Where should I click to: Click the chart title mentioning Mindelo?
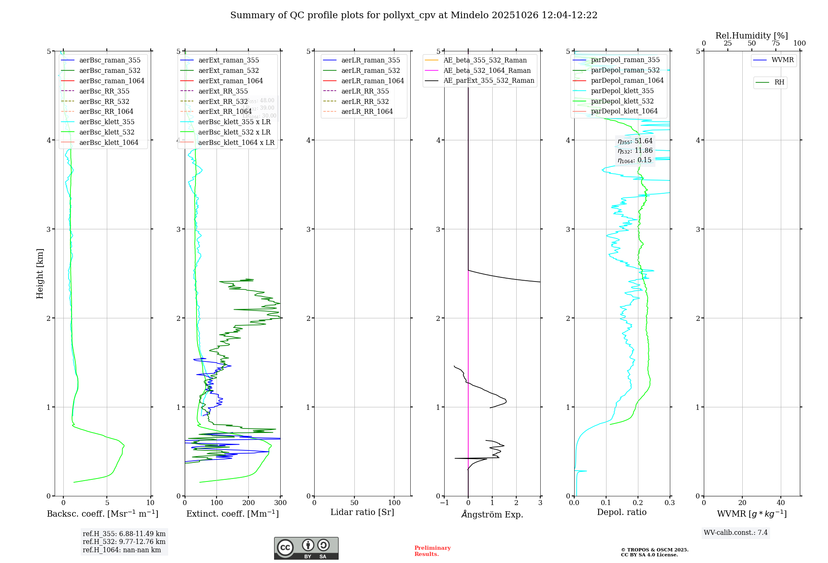(414, 15)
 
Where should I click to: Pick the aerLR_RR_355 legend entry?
(365, 91)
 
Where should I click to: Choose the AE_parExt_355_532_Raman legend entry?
(489, 80)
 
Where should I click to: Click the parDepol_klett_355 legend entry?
(622, 91)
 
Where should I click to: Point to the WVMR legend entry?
(782, 60)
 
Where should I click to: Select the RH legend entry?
(779, 82)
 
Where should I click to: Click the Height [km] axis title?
(40, 274)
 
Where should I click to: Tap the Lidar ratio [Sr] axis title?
(362, 512)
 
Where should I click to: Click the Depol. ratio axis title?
(621, 512)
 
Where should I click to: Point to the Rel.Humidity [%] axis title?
(751, 36)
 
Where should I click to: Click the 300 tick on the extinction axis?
(280, 503)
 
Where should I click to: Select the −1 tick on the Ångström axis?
(444, 503)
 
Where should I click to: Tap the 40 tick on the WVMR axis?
(781, 503)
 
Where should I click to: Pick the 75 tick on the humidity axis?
(775, 43)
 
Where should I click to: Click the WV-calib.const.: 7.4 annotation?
(735, 532)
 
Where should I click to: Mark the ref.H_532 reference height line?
(124, 541)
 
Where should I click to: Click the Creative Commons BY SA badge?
(306, 548)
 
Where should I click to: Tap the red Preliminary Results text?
(432, 551)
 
